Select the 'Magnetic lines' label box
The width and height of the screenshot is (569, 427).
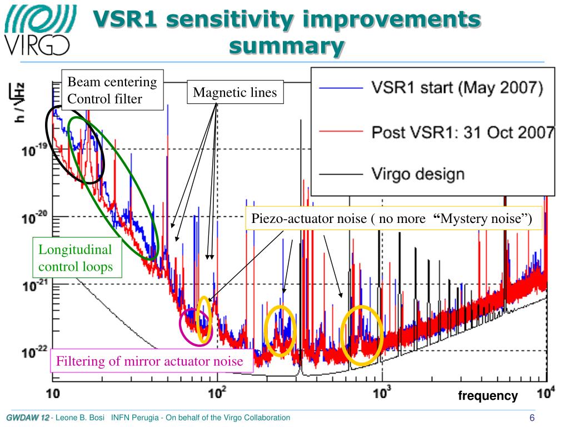[x=234, y=93]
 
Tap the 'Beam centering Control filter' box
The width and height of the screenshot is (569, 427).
[x=112, y=91]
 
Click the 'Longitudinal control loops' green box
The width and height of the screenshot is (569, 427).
[x=76, y=258]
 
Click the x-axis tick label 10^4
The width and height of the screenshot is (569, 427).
[x=546, y=393]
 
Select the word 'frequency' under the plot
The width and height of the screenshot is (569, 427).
[x=488, y=396]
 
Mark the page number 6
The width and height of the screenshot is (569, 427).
[x=532, y=418]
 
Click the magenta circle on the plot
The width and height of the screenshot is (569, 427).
[x=195, y=326]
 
